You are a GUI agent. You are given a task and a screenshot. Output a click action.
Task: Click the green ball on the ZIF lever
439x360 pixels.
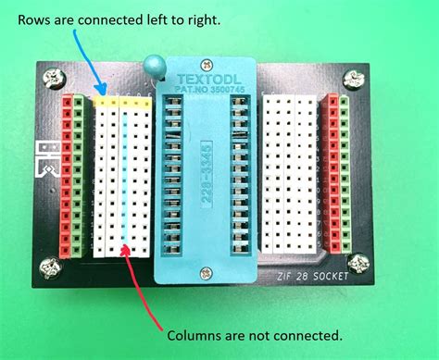152,67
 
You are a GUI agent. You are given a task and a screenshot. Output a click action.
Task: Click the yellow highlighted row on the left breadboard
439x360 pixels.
121,102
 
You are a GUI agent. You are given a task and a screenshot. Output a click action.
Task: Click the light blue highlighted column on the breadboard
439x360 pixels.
124,176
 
